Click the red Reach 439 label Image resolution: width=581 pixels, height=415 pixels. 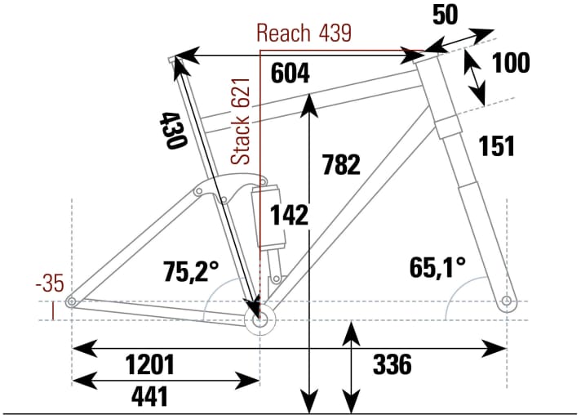coord(304,33)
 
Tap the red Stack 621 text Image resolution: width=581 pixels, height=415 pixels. coord(241,127)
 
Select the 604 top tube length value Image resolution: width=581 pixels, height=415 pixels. coord(290,74)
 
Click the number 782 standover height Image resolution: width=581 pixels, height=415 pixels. coord(341,165)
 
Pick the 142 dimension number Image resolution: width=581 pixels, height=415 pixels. coord(290,215)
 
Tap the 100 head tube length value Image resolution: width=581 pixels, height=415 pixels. coord(512,63)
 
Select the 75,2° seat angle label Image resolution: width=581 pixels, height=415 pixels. coord(192,270)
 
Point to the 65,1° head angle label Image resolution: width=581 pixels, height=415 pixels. coord(437,266)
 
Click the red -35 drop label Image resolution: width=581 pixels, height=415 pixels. coord(50,285)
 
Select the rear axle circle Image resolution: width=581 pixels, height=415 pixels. coord(73,302)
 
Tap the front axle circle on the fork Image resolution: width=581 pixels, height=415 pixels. coord(508,302)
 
